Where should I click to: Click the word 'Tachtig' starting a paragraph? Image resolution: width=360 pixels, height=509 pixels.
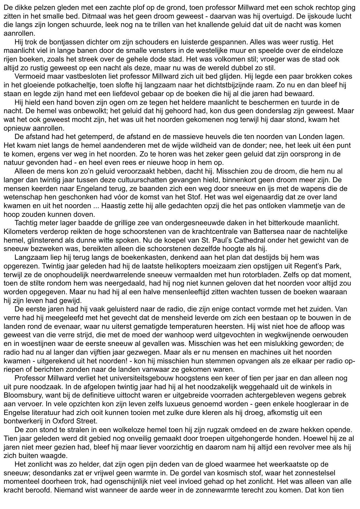[x=26, y=223]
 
